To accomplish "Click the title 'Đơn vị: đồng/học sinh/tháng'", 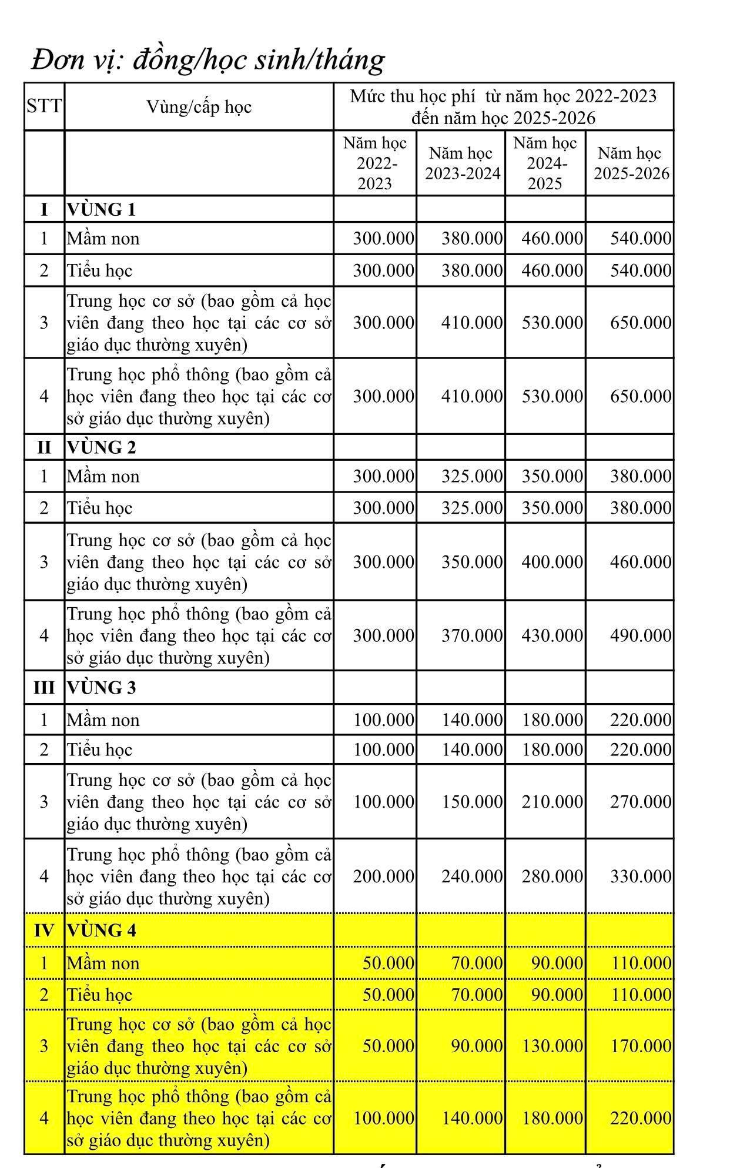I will pos(207,60).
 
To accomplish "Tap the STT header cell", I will pos(44,106).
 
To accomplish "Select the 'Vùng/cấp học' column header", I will pos(199,107).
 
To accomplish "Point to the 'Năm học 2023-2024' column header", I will pos(462,163).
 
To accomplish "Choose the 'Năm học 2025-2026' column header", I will pos(631,163).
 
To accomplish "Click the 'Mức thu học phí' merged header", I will pos(503,107).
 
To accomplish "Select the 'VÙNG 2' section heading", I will pos(101,447).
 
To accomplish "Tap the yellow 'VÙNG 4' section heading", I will pos(101,931).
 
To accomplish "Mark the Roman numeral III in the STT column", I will pos(44,688).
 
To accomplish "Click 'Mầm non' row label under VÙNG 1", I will pos(103,239).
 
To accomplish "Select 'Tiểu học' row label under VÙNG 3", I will pos(100,750).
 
